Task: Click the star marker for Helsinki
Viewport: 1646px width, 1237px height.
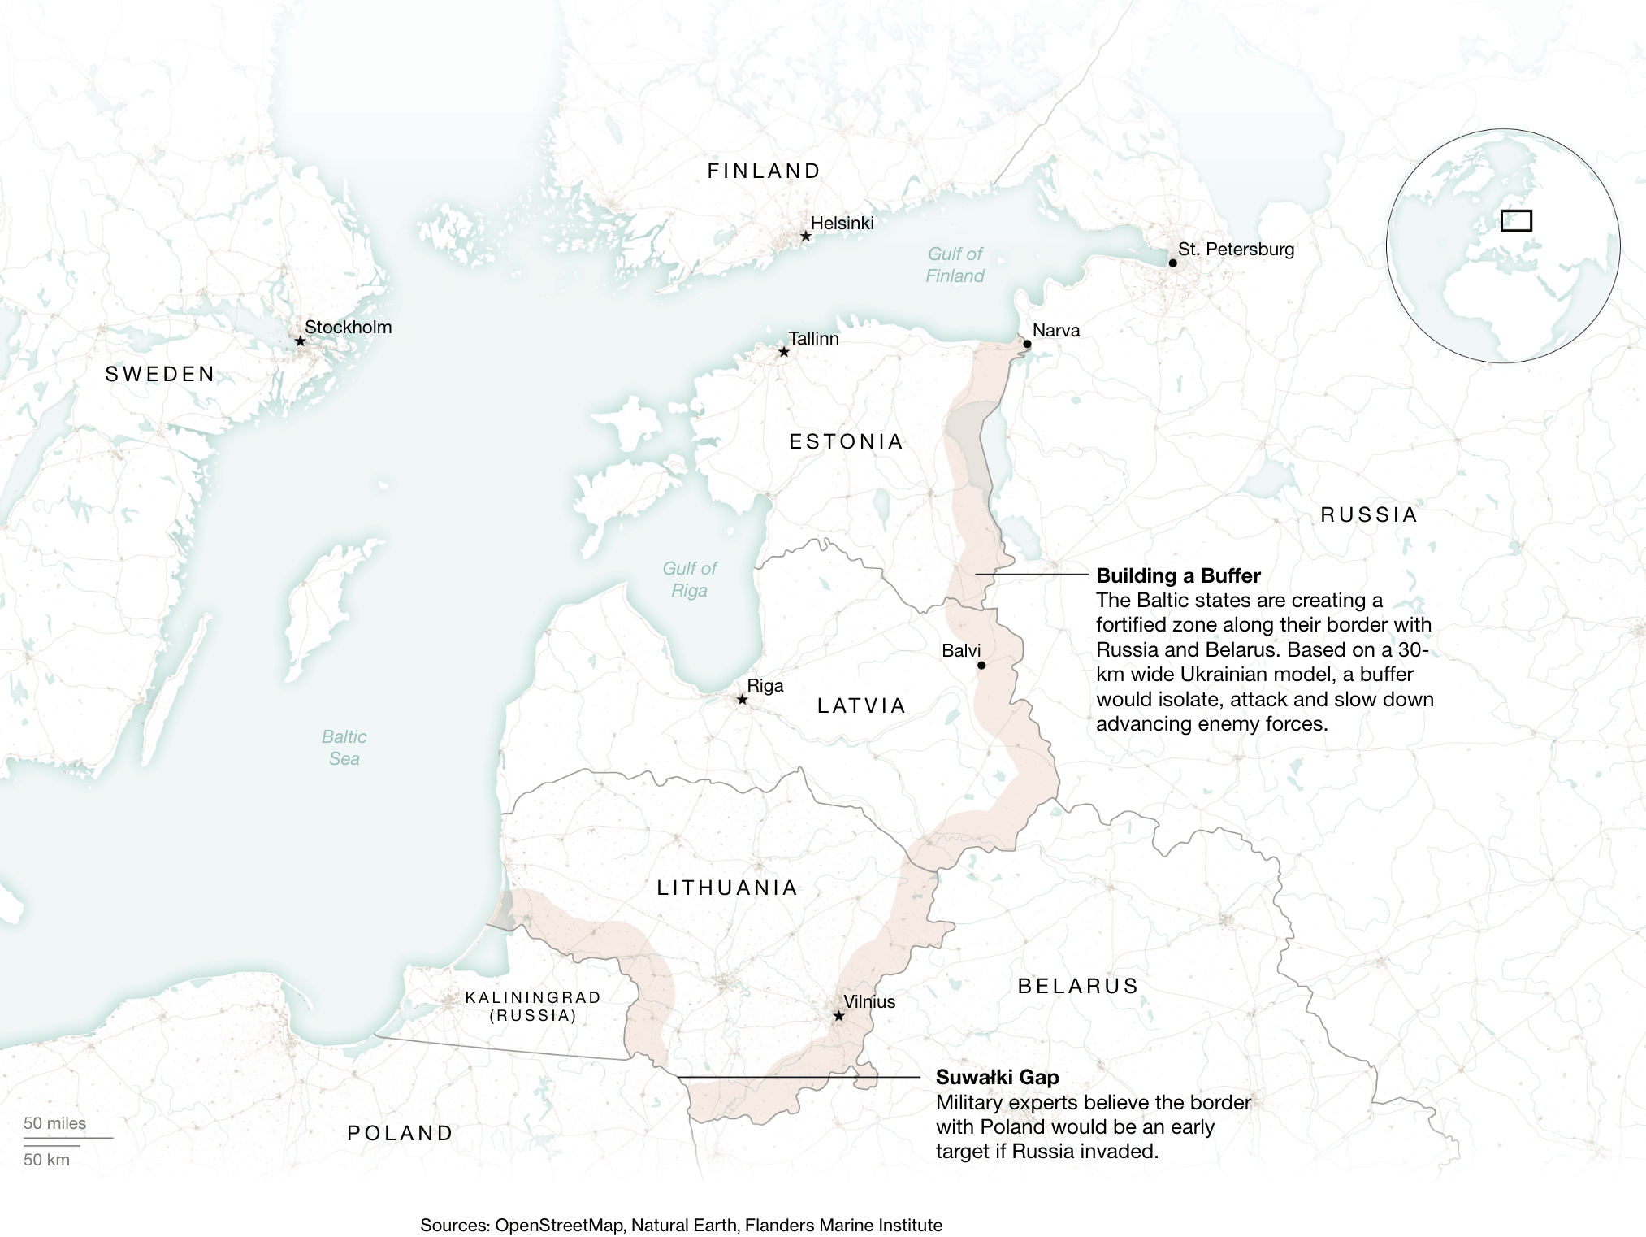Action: pos(805,237)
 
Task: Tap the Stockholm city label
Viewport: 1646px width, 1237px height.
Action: pos(348,328)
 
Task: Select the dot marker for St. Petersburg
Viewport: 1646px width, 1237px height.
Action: pos(1172,263)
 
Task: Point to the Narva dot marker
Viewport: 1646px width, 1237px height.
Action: pos(1027,345)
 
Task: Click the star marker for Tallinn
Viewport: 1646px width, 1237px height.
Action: pos(783,352)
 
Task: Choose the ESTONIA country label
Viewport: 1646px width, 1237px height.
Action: pos(846,442)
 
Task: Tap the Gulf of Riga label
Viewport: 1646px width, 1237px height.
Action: pos(690,579)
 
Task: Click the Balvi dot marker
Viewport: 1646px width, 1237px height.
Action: pos(981,666)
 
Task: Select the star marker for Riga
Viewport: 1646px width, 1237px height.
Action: pos(742,700)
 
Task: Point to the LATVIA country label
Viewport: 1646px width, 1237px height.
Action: pos(861,706)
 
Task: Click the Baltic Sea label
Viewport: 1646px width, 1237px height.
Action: pos(344,748)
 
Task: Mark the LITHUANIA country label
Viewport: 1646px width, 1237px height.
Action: pos(727,888)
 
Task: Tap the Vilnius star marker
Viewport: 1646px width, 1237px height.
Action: pos(838,1017)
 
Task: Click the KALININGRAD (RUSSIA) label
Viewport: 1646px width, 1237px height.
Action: pos(533,1006)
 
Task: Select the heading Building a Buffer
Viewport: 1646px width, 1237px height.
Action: pos(1178,576)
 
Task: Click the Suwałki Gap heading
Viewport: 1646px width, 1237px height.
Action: pos(997,1078)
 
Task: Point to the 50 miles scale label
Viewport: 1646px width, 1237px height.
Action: pos(54,1123)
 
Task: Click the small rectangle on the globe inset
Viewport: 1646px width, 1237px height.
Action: pos(1515,221)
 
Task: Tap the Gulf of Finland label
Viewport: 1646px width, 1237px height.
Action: pos(955,265)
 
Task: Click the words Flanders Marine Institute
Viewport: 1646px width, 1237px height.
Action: pos(843,1225)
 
